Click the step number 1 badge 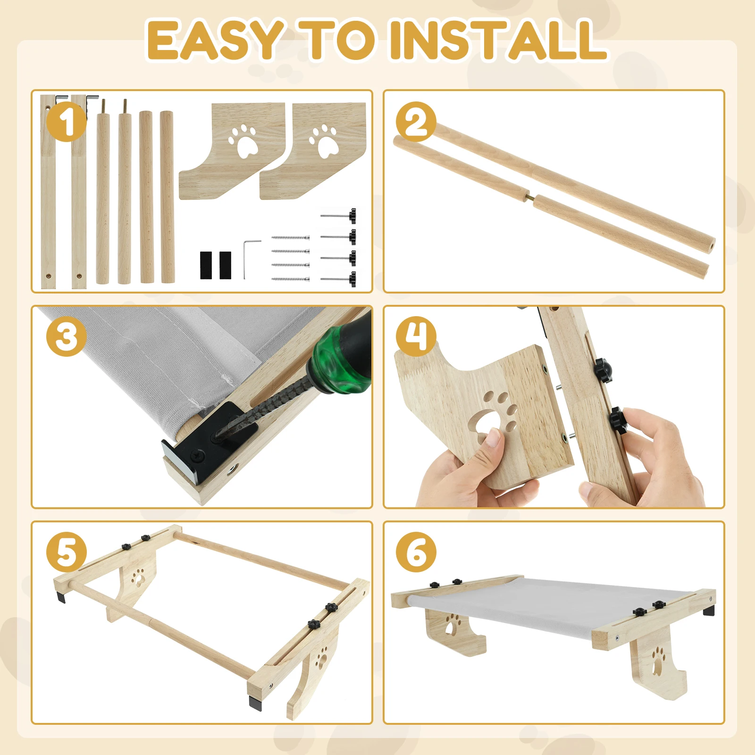coord(67,122)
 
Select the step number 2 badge coord(416,122)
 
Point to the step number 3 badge coord(67,336)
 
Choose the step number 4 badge coord(416,336)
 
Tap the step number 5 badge coord(67,552)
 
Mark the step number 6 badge coord(416,552)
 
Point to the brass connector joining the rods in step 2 coord(532,197)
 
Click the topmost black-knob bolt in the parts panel coord(339,216)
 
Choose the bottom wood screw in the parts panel coord(291,279)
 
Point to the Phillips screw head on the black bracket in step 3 coord(197,456)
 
